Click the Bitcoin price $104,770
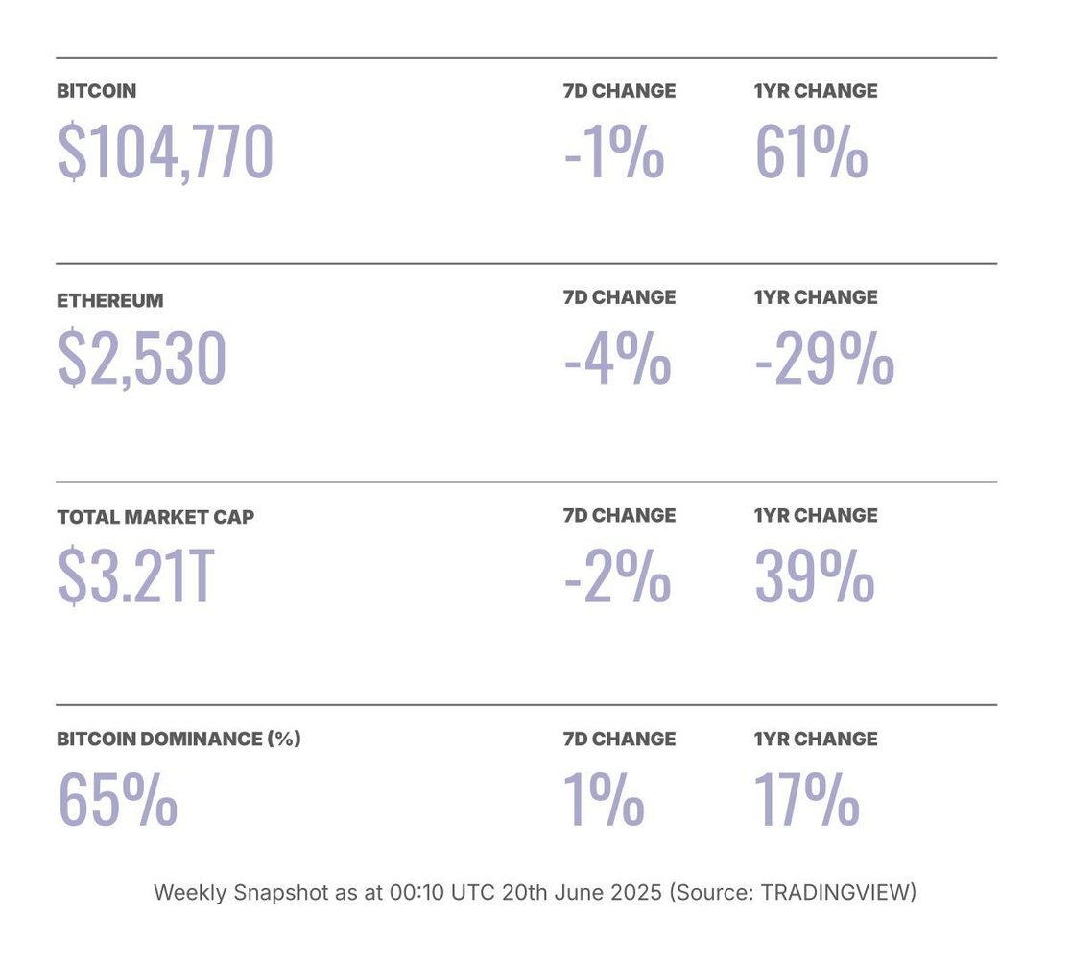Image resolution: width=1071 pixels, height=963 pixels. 165,153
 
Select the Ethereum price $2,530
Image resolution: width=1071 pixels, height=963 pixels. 142,359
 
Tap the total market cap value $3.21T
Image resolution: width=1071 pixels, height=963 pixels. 134,576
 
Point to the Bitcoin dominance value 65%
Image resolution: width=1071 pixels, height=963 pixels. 118,799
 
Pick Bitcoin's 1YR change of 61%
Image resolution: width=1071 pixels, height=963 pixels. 812,153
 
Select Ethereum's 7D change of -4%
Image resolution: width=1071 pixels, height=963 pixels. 617,359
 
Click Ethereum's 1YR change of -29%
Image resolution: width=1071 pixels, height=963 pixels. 824,359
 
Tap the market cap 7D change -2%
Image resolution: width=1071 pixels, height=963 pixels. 617,576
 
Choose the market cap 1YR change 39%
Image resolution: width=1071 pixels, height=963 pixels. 815,576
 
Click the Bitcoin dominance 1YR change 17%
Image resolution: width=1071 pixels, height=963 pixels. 806,799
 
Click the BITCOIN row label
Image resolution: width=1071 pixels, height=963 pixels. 97,92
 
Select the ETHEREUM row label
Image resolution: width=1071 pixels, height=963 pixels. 110,301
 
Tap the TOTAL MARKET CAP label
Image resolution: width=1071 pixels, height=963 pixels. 155,517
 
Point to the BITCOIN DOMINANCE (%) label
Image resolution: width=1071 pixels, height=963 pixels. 178,740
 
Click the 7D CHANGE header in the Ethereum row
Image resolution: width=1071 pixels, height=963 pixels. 619,298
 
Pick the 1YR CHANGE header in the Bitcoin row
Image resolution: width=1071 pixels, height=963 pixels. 816,92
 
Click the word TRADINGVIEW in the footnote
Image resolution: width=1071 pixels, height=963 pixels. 834,893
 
